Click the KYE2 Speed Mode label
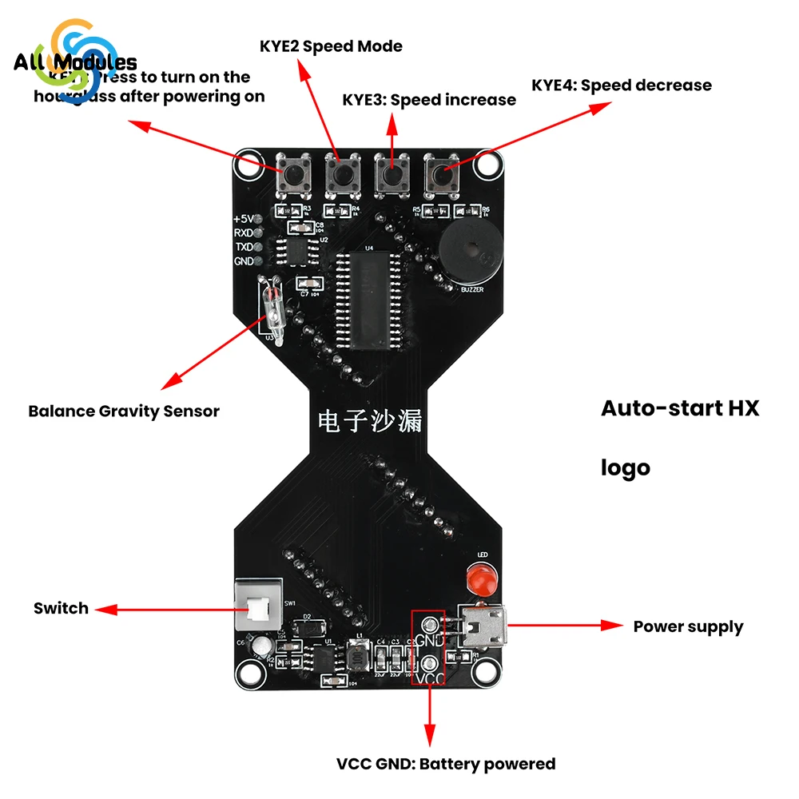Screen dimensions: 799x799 [331, 46]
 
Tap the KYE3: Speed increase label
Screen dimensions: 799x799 [429, 100]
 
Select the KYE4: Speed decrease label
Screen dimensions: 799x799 [622, 85]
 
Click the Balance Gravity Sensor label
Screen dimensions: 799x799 [123, 411]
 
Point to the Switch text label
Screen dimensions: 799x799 [61, 608]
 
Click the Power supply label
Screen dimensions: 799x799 [688, 626]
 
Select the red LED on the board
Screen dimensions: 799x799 [481, 577]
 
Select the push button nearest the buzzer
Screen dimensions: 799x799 [442, 174]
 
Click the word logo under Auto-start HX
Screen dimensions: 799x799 [625, 467]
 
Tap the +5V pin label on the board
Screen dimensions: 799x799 [242, 218]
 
